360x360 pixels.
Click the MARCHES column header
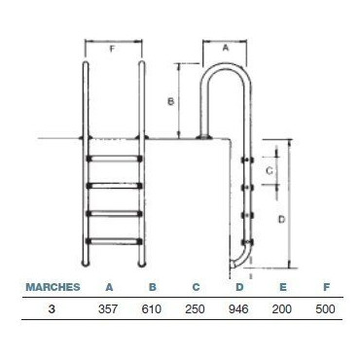pyautogui.click(x=53, y=287)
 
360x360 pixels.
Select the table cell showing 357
pyautogui.click(x=108, y=309)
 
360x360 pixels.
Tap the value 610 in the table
pyautogui.click(x=152, y=309)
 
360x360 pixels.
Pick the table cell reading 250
pyautogui.click(x=195, y=309)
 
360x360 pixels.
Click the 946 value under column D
pyautogui.click(x=238, y=309)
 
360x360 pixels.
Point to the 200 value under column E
pyautogui.click(x=282, y=309)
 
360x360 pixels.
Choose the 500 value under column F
pyautogui.click(x=325, y=309)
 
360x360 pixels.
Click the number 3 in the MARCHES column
pyautogui.click(x=52, y=309)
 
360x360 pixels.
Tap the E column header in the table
pyautogui.click(x=283, y=287)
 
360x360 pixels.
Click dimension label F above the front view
pyautogui.click(x=112, y=49)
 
